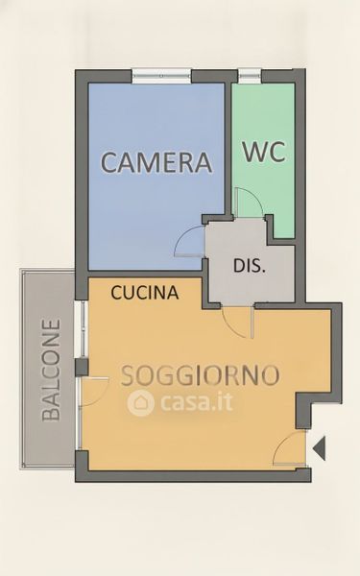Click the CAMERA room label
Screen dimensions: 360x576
point(156,162)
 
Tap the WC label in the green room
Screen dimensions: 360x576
point(263,152)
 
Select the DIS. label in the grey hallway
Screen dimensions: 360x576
point(249,266)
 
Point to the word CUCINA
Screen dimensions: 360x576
point(145,293)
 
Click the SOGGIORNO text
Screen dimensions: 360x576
point(201,375)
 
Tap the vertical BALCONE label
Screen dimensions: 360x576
point(51,370)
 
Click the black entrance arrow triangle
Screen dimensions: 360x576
point(320,448)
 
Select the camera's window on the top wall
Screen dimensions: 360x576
point(161,76)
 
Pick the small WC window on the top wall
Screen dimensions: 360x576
point(250,76)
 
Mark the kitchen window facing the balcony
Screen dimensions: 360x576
point(83,329)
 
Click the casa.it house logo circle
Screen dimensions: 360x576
point(140,403)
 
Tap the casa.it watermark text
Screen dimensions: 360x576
point(197,402)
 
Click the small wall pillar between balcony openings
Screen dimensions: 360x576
point(82,368)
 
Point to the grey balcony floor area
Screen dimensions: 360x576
point(48,369)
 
